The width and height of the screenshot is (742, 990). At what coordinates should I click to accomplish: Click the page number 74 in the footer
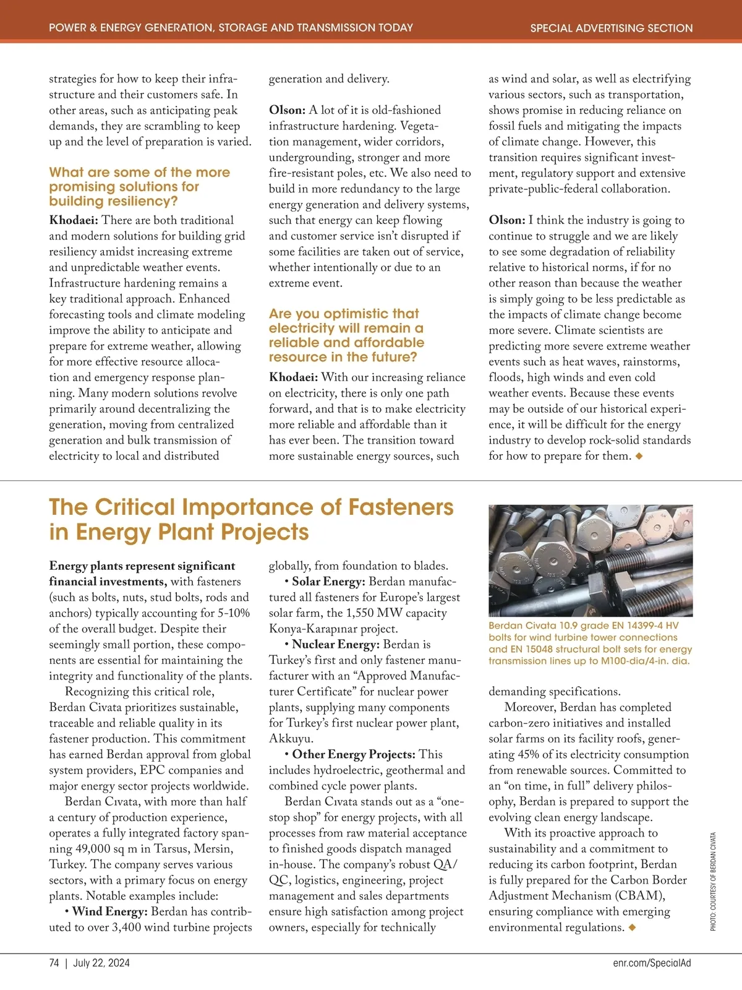pos(54,963)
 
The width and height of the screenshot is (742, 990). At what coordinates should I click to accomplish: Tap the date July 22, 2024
pos(101,963)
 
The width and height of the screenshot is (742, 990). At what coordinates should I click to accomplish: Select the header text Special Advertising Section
pos(611,28)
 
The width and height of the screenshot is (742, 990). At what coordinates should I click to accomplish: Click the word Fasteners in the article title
pos(401,507)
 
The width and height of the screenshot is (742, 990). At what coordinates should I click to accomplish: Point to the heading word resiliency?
pos(145,201)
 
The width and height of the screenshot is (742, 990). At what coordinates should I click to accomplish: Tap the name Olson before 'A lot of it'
pos(286,110)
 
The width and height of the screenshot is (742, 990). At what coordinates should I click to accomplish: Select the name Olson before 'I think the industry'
pos(506,220)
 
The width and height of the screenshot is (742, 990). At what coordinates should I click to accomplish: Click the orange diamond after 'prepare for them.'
pos(639,456)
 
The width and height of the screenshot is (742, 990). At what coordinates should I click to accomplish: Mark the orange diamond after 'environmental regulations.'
pos(632,928)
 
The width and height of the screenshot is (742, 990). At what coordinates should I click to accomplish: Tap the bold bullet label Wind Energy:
pos(109,911)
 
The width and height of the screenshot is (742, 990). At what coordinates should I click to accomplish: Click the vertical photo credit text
pos(713,882)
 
